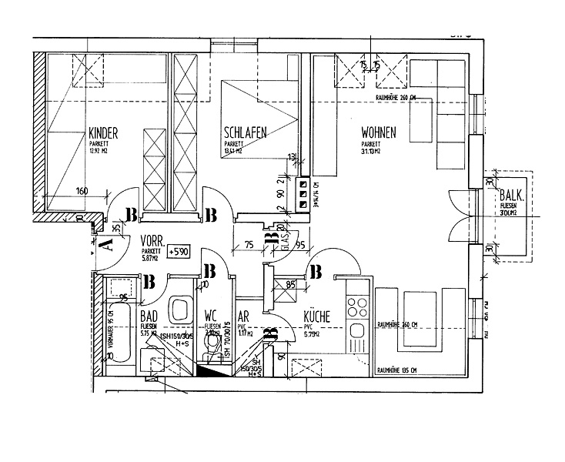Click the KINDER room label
tap(104, 132)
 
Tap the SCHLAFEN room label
tap(245, 132)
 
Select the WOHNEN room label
tap(379, 132)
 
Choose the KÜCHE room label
tap(317, 315)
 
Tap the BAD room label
tap(149, 316)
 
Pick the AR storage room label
tap(243, 316)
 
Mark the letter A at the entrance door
tap(106, 245)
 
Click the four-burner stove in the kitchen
tap(357, 307)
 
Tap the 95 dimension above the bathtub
tap(122, 295)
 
